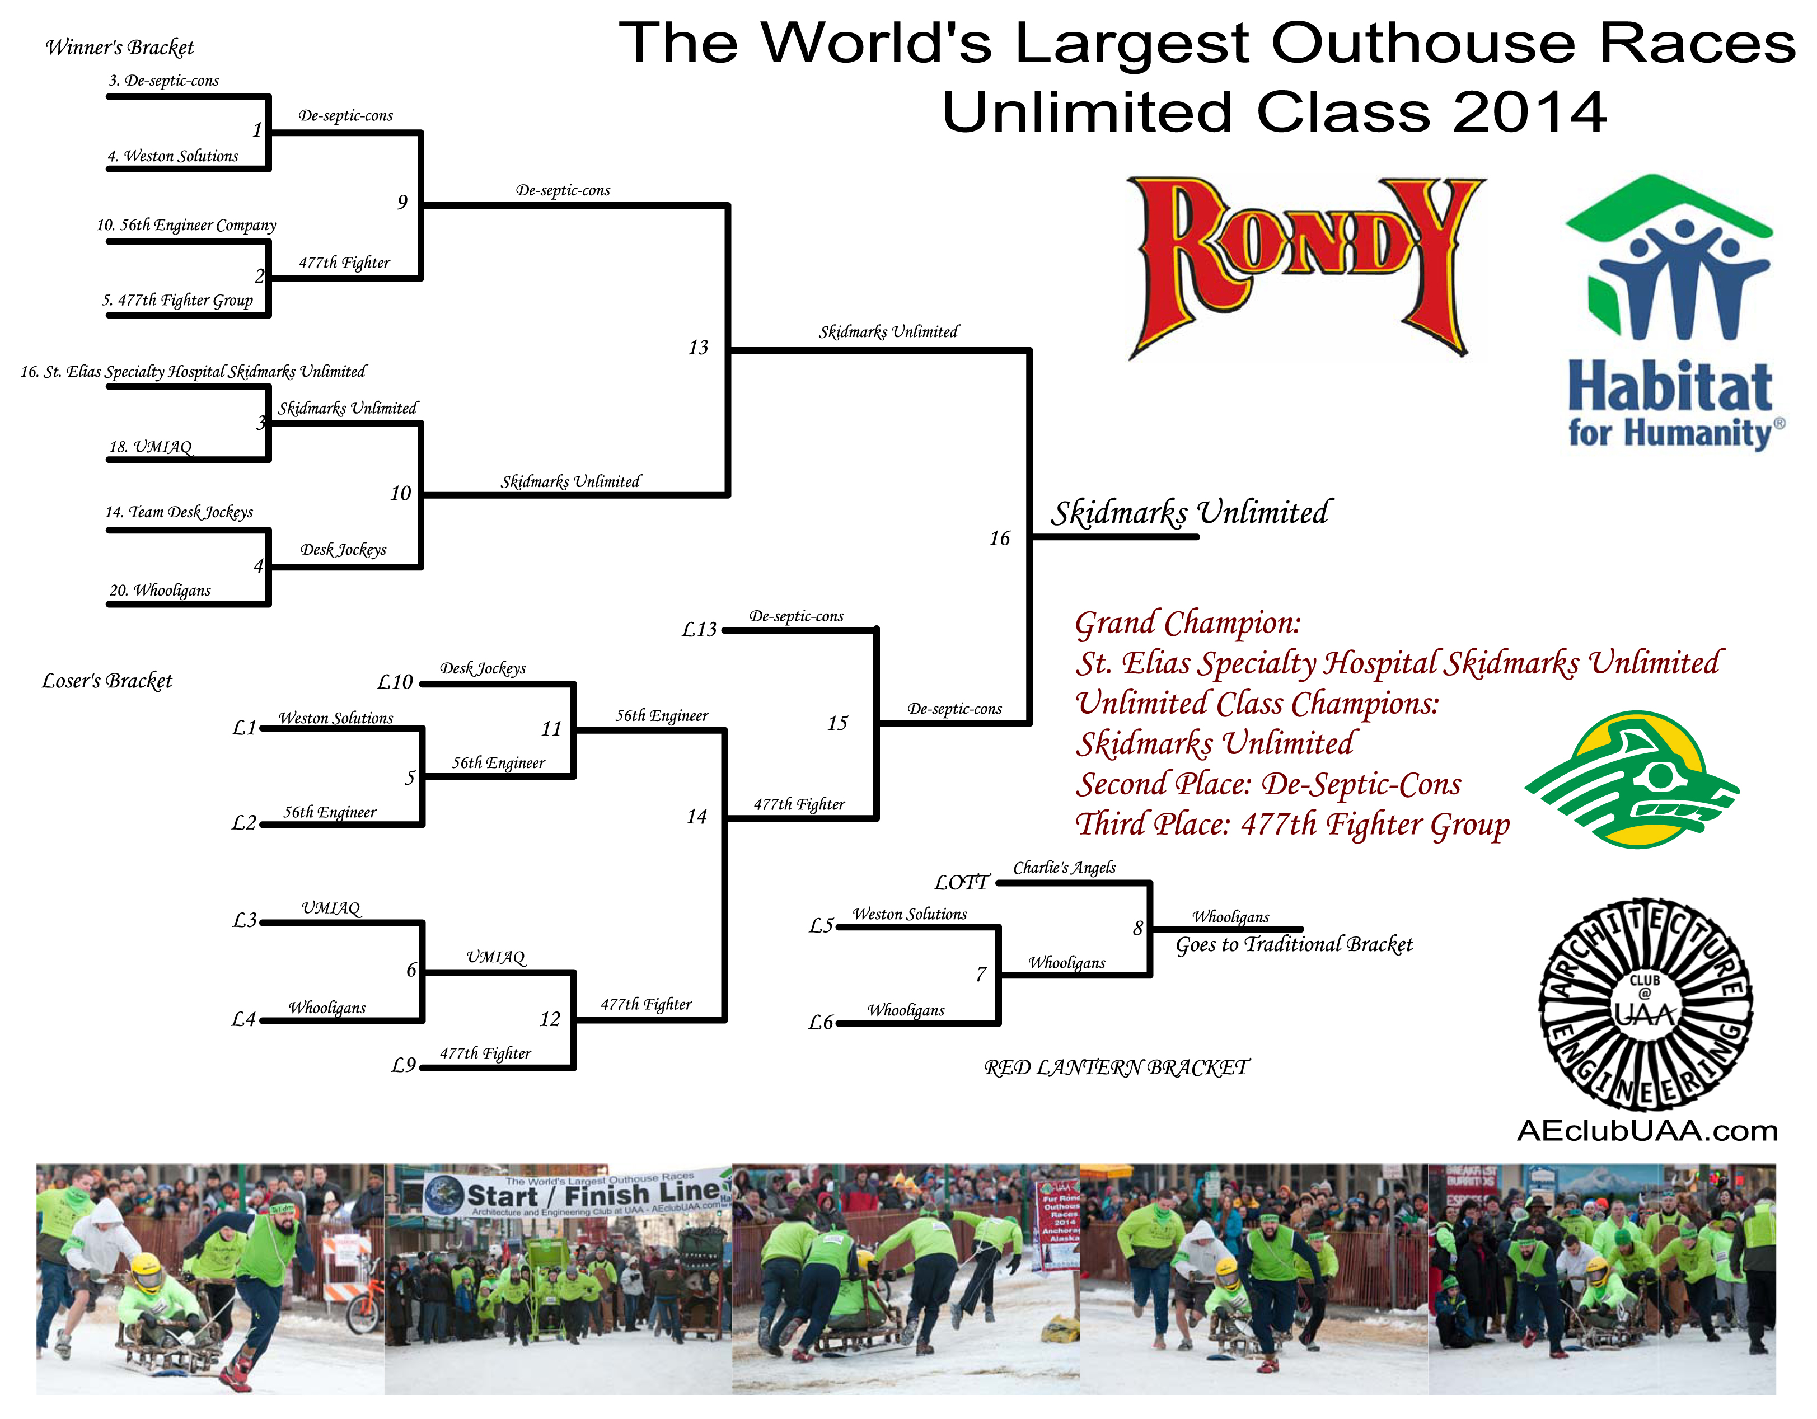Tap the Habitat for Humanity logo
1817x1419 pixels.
[x=1672, y=312]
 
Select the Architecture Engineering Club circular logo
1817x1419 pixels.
[x=1646, y=1004]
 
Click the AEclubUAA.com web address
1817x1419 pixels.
[x=1647, y=1131]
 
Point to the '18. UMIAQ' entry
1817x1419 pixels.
[x=151, y=447]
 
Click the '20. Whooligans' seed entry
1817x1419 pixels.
[x=160, y=590]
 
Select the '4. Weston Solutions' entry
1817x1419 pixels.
[x=172, y=156]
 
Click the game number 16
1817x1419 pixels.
[x=999, y=538]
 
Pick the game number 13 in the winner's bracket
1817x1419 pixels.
[x=698, y=348]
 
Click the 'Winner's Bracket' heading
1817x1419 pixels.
[x=119, y=48]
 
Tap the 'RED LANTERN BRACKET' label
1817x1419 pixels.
[x=1117, y=1067]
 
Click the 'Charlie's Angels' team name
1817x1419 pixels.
[x=1064, y=868]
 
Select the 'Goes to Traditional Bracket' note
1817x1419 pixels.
[x=1294, y=944]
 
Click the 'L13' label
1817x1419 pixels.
[x=699, y=630]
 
